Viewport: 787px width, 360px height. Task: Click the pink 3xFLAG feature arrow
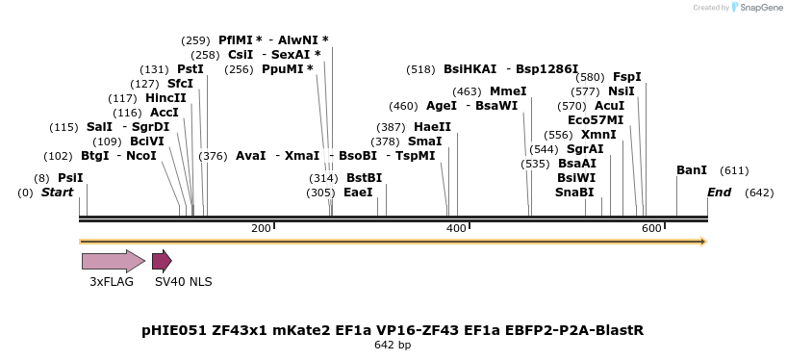tap(113, 261)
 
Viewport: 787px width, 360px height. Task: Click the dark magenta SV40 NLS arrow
tap(162, 261)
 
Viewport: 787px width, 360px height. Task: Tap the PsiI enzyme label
tap(70, 178)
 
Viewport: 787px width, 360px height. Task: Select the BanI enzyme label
tap(692, 170)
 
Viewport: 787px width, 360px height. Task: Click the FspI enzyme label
tap(627, 77)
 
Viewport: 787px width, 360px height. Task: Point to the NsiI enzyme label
tap(622, 91)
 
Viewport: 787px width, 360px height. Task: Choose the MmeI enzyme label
tap(508, 91)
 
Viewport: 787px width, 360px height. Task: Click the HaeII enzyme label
tap(432, 127)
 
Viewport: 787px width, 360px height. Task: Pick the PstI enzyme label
tap(190, 69)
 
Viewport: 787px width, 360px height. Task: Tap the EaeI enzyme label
tap(358, 193)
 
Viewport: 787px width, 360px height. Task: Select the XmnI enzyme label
tap(598, 135)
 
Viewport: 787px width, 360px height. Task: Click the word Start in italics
tap(57, 193)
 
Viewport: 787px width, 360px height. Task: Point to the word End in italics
tap(720, 193)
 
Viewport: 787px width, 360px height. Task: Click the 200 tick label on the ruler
tap(261, 228)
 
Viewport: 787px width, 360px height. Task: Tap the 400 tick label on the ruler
tap(456, 228)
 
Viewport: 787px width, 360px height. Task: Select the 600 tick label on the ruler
tap(651, 228)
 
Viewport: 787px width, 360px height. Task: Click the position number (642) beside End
tap(759, 193)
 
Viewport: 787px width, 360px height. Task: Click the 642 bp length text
tap(393, 345)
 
